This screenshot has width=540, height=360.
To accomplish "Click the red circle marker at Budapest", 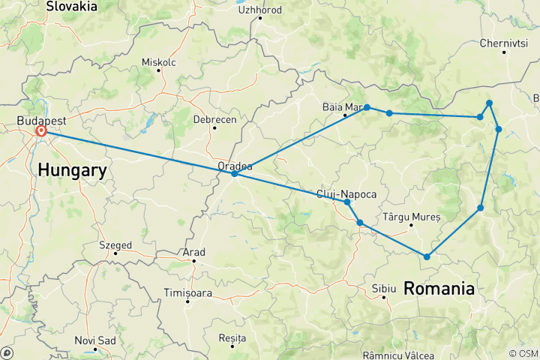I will (x=40, y=131).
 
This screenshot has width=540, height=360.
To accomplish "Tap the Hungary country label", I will (x=71, y=170).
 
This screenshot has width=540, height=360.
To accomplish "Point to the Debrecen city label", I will (x=214, y=119).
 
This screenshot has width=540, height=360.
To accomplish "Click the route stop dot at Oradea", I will (x=235, y=174).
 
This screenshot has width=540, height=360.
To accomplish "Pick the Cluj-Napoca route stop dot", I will (x=346, y=202).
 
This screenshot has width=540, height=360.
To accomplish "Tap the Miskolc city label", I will (x=158, y=62).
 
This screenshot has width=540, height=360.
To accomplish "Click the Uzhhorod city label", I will (x=259, y=10).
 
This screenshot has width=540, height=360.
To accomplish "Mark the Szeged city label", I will (x=115, y=245).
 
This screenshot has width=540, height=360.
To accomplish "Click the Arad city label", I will (x=193, y=253).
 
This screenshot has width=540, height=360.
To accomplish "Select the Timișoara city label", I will (x=186, y=293).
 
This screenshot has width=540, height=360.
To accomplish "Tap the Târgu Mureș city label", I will (x=411, y=217).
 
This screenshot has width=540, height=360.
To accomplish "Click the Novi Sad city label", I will (x=95, y=341).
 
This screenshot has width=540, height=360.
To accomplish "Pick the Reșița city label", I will (x=232, y=338).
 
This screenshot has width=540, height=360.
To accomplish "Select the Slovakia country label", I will (x=71, y=7).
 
